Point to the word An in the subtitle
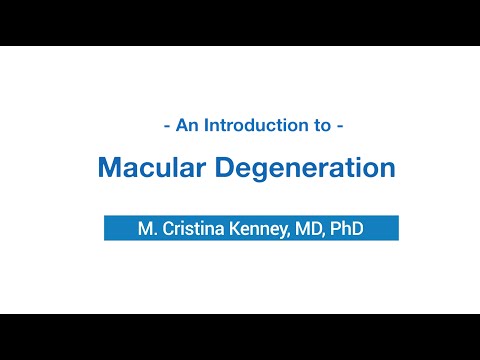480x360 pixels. click(x=187, y=127)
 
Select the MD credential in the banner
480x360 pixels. click(x=308, y=229)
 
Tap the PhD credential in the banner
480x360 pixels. click(x=347, y=229)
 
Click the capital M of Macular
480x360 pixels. click(x=109, y=168)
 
